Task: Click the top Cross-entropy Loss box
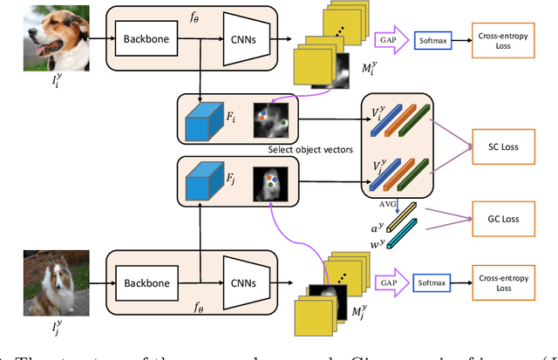pyautogui.click(x=508, y=39)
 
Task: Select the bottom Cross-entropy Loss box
pyautogui.click(x=508, y=284)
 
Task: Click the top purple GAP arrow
pyautogui.click(x=388, y=40)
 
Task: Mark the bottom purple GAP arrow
pyautogui.click(x=388, y=284)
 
